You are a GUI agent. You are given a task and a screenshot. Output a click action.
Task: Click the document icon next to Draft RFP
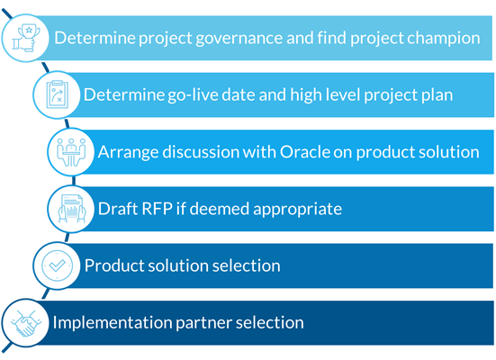(73, 208)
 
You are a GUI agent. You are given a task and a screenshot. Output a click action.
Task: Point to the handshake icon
(23, 321)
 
